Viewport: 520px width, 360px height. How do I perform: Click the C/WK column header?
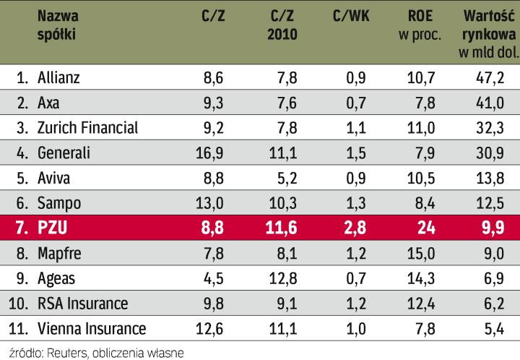point(352,15)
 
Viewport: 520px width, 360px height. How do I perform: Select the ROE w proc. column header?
point(420,25)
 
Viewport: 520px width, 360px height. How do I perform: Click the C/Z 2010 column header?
point(280,25)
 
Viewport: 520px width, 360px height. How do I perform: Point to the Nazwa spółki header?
point(59,25)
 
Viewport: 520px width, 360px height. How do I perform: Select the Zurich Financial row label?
point(87,128)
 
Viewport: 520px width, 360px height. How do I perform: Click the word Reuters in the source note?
point(64,352)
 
